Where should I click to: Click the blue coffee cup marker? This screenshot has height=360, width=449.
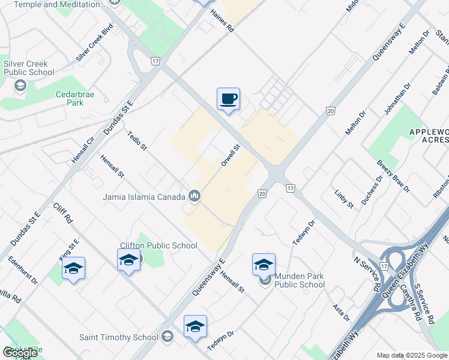[x=228, y=99]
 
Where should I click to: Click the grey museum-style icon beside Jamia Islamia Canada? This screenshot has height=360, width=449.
[x=194, y=196]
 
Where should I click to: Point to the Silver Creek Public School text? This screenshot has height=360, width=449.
[x=29, y=68]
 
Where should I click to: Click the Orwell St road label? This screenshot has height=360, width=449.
[x=231, y=155]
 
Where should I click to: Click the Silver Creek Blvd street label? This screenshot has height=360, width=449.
[x=95, y=43]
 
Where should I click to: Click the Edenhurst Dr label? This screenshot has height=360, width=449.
[x=23, y=271]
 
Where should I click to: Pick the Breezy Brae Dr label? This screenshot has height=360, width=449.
[x=393, y=176]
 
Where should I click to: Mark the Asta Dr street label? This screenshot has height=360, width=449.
[x=341, y=312]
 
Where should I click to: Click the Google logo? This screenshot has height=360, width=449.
[x=20, y=353]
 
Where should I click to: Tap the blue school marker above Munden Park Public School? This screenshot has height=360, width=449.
[x=264, y=264]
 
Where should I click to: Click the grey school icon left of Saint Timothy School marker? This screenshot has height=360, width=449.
[x=167, y=337]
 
